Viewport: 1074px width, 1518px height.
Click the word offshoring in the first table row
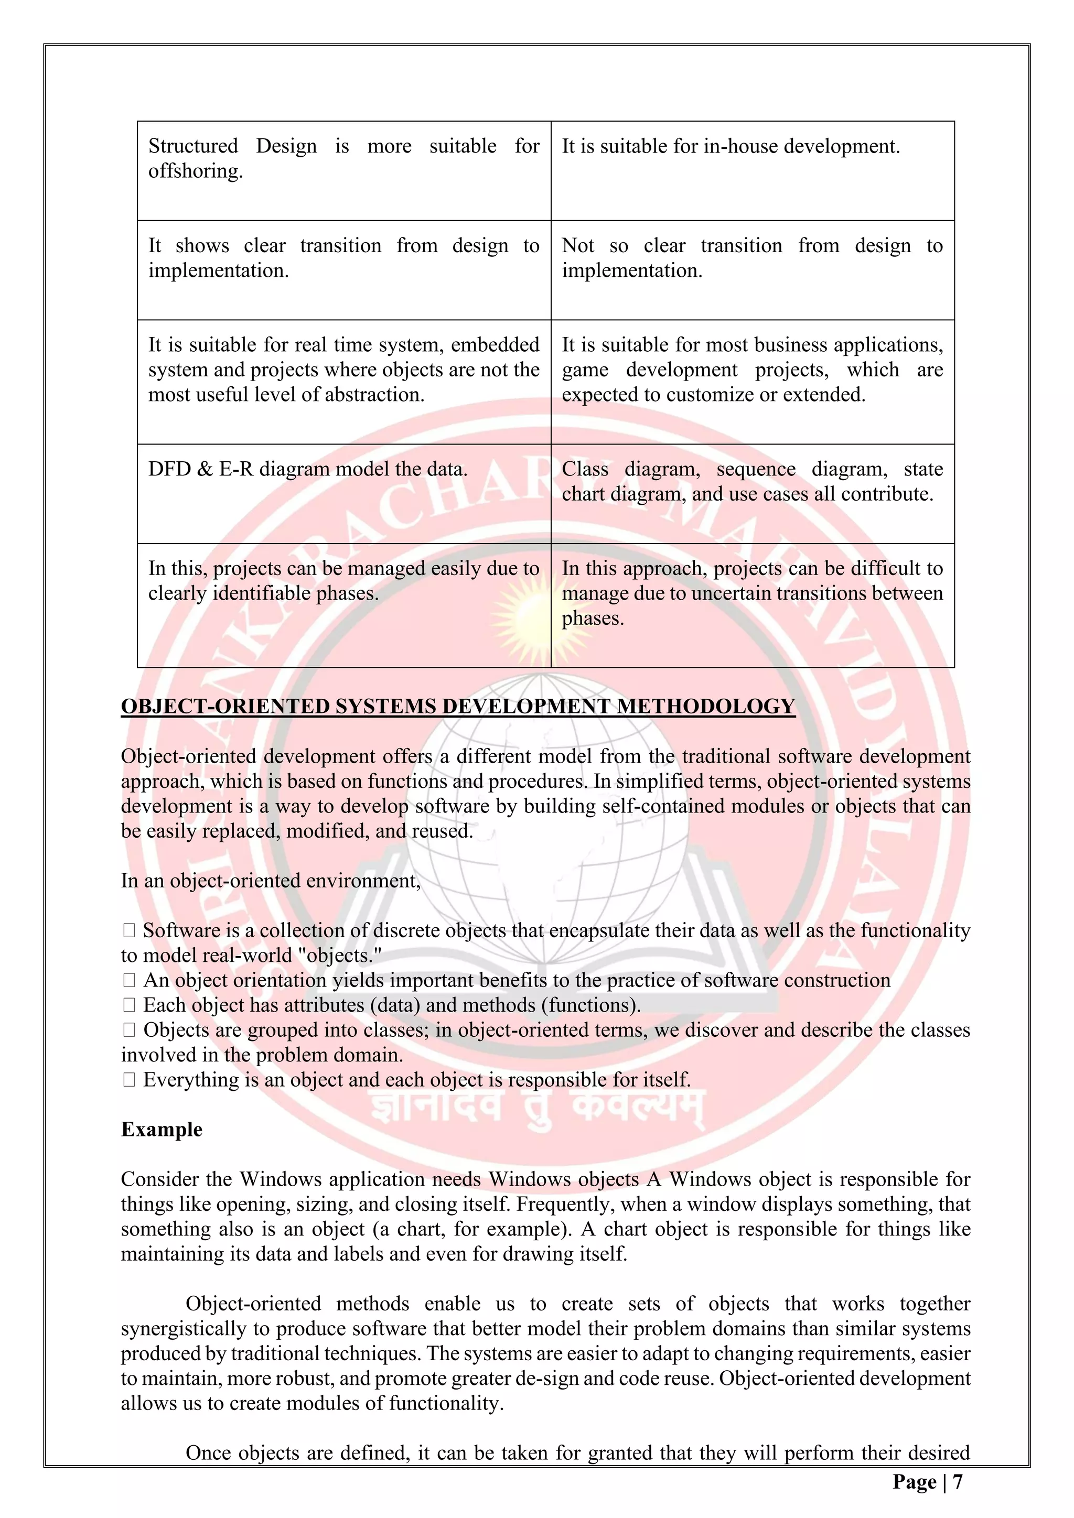[195, 171]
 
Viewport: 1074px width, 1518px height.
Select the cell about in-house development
[752, 170]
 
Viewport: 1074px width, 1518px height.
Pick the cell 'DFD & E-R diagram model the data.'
[343, 493]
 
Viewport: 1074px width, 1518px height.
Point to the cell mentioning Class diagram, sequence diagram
[752, 493]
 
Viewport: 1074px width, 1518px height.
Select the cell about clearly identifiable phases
[343, 604]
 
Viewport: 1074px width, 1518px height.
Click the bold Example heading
[162, 1129]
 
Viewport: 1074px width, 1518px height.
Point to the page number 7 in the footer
[958, 1482]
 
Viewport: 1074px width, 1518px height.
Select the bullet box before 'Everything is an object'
[129, 1080]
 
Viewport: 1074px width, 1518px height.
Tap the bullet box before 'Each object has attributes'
[129, 1005]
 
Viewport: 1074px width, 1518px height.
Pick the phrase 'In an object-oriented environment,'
[271, 881]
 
